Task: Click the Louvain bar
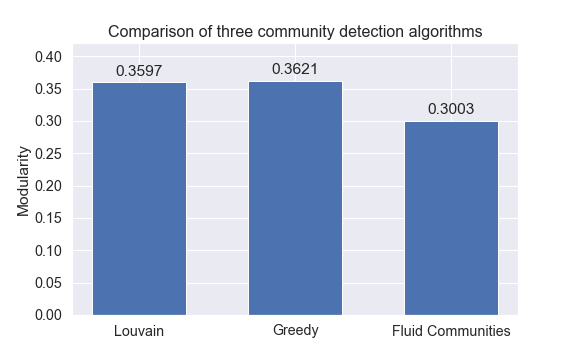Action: [x=139, y=198]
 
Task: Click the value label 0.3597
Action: [x=139, y=71]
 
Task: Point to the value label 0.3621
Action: [x=295, y=69]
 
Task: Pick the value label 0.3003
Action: [x=451, y=109]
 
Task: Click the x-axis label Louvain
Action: [x=139, y=331]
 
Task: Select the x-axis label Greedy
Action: [x=295, y=331]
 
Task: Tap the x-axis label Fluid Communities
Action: [x=451, y=331]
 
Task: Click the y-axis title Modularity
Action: [x=24, y=186]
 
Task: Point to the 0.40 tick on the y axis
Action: [x=49, y=57]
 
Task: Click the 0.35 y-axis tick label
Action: [x=49, y=89]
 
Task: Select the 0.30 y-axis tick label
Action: [x=49, y=121]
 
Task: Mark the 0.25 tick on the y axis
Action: [x=49, y=154]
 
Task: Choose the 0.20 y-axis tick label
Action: [x=49, y=186]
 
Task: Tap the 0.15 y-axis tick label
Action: [x=49, y=218]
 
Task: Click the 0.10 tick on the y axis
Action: [x=49, y=250]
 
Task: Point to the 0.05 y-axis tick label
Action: [x=49, y=283]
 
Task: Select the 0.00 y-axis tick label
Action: [x=49, y=315]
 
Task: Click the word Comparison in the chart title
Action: [x=148, y=32]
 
